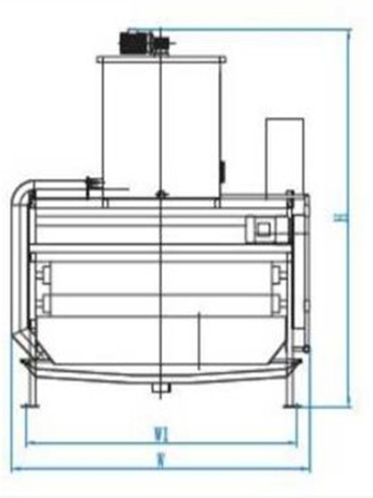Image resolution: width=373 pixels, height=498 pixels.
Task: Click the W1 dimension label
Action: tap(161, 436)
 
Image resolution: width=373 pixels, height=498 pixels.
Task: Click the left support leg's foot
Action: tap(29, 404)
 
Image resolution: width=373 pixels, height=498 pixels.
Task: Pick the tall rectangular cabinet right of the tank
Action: tap(285, 155)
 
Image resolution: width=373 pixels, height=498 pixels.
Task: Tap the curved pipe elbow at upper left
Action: tap(22, 190)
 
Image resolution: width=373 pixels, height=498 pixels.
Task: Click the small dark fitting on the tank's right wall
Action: tap(222, 167)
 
